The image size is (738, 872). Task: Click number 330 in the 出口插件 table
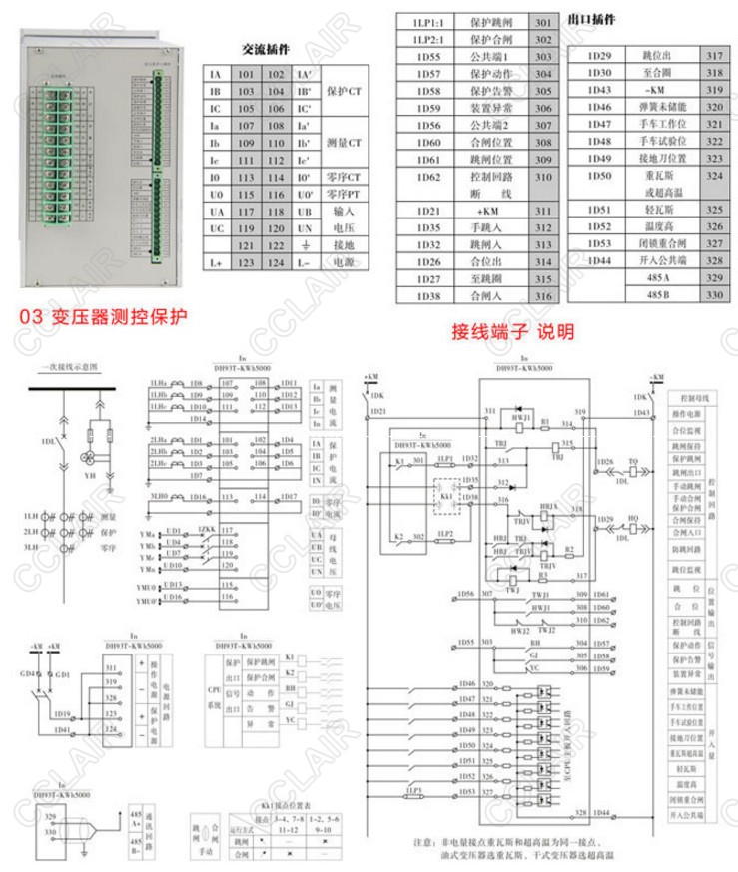click(713, 295)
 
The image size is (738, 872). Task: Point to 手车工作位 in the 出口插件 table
click(658, 124)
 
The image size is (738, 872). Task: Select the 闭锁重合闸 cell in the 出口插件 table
click(658, 244)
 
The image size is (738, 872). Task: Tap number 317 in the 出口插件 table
click(713, 56)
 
